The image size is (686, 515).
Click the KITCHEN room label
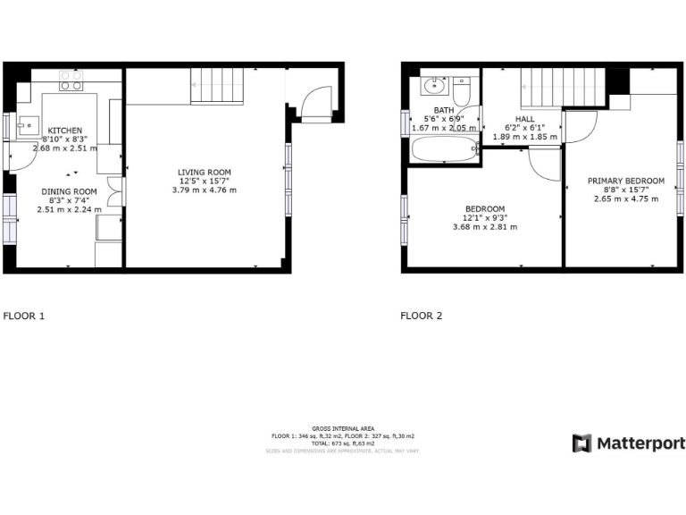(65, 130)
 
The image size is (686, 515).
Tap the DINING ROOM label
(69, 191)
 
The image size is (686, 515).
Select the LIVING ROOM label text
(205, 172)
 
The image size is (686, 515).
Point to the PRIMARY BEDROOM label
(626, 181)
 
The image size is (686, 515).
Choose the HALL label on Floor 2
(525, 119)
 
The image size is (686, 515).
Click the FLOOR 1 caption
(24, 316)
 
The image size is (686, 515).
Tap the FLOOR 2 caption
(421, 316)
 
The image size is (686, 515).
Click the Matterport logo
(628, 443)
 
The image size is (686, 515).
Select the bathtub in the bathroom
(444, 149)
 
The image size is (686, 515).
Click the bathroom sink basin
(435, 87)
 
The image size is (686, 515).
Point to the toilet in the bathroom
(461, 90)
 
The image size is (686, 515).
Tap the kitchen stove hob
(71, 81)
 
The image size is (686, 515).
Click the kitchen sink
(26, 124)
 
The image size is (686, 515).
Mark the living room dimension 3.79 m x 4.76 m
(205, 190)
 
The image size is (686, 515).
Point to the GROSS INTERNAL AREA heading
(343, 428)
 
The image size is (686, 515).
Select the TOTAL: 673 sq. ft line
(343, 443)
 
